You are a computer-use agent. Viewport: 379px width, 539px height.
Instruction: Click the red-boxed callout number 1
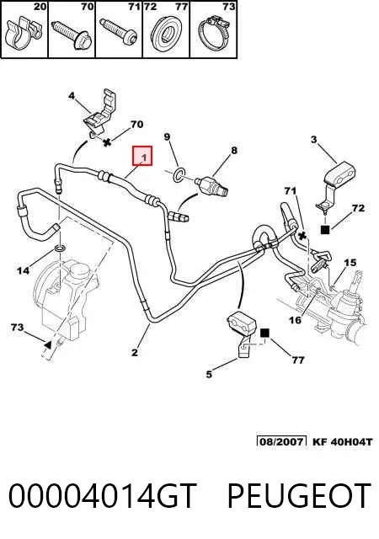pyautogui.click(x=145, y=157)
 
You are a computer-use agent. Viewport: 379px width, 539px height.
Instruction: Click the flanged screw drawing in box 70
pyautogui.click(x=72, y=35)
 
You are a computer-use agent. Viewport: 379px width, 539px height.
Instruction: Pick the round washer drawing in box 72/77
pyautogui.click(x=167, y=34)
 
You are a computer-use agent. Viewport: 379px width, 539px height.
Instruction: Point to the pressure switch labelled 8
pyautogui.click(x=211, y=184)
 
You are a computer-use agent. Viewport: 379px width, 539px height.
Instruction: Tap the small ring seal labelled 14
pyautogui.click(x=60, y=248)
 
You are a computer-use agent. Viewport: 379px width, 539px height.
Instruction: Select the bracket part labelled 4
pyautogui.click(x=100, y=112)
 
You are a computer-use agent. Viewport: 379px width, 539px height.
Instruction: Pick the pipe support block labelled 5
pyautogui.click(x=242, y=333)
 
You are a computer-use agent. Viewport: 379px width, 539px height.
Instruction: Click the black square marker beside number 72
pyautogui.click(x=324, y=229)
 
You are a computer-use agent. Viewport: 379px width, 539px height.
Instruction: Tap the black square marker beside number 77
pyautogui.click(x=264, y=333)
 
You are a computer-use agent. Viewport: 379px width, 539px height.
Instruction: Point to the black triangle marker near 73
pyautogui.click(x=48, y=344)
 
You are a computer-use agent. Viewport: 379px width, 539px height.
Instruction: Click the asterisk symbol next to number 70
pyautogui.click(x=107, y=142)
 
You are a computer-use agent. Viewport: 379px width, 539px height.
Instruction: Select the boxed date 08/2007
pyautogui.click(x=281, y=441)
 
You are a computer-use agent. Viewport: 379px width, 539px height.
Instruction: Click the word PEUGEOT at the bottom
pyautogui.click(x=299, y=495)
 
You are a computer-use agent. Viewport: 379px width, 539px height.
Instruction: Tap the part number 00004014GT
pyautogui.click(x=103, y=495)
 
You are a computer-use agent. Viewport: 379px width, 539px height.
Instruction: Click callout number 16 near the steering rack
pyautogui.click(x=295, y=320)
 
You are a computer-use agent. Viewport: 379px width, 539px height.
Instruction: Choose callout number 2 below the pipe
pyautogui.click(x=135, y=352)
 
